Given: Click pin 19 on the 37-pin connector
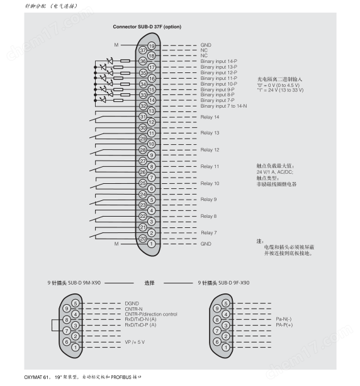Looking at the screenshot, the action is [152, 45].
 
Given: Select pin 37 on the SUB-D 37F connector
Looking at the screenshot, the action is [143, 50].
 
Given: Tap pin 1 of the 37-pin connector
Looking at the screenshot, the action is [151, 244].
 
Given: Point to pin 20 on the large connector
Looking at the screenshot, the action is [143, 238].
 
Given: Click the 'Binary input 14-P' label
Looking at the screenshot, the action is [219, 61].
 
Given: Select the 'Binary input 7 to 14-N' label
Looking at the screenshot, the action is [223, 106].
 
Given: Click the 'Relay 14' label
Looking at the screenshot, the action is [210, 117].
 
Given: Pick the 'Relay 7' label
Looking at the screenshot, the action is [209, 232].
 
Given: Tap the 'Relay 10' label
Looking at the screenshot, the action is [210, 183].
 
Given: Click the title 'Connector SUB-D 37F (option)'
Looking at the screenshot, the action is [147, 26].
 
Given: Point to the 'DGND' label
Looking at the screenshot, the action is [132, 304].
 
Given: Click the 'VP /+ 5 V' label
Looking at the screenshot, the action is [135, 342].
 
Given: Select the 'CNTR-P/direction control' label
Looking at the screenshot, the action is [151, 314].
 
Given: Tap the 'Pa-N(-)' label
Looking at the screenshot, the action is [284, 319].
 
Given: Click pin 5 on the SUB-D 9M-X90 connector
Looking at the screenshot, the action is [76, 304].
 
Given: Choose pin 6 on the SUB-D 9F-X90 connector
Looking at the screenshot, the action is [217, 342].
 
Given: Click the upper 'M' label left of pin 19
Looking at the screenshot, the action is [116, 45].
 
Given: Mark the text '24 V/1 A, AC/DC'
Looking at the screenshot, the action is [274, 172].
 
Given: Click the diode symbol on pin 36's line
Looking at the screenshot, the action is [110, 61].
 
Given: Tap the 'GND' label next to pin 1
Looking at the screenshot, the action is [206, 244].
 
